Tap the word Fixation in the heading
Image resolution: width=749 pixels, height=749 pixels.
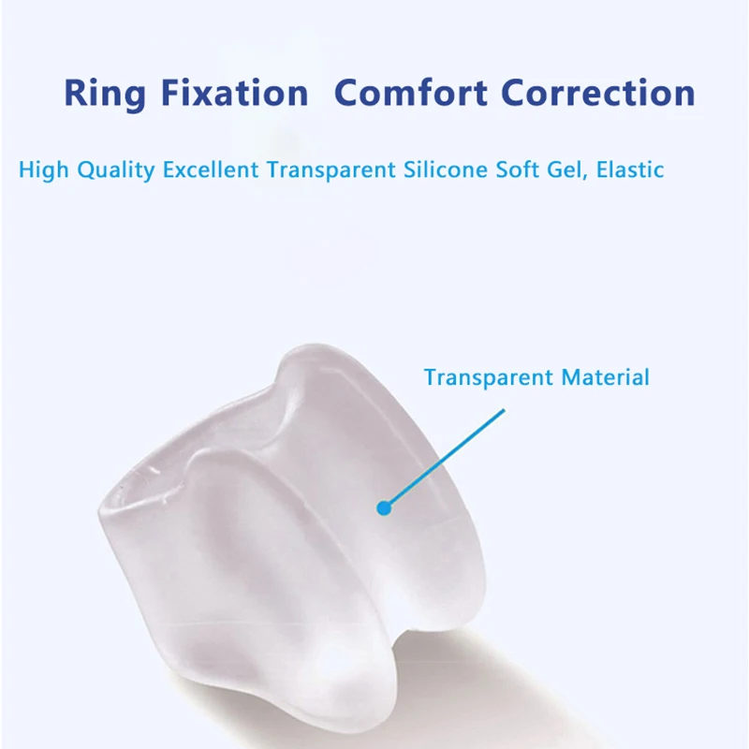pyautogui.click(x=235, y=93)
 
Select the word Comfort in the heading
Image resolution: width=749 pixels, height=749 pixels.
pyautogui.click(x=411, y=93)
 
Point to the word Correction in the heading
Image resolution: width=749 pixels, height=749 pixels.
pyautogui.click(x=598, y=93)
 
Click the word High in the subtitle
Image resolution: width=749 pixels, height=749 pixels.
pyautogui.click(x=43, y=170)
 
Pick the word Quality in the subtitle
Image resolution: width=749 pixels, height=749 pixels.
pyautogui.click(x=116, y=170)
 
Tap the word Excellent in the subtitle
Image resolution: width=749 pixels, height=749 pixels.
pyautogui.click(x=211, y=169)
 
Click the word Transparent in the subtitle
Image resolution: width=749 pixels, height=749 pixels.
pyautogui.click(x=331, y=170)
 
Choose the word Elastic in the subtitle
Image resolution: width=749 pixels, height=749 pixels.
pyautogui.click(x=630, y=169)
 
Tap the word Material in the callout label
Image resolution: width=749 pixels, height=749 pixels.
pyautogui.click(x=605, y=377)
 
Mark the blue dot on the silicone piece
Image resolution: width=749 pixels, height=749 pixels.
pyautogui.click(x=384, y=508)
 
